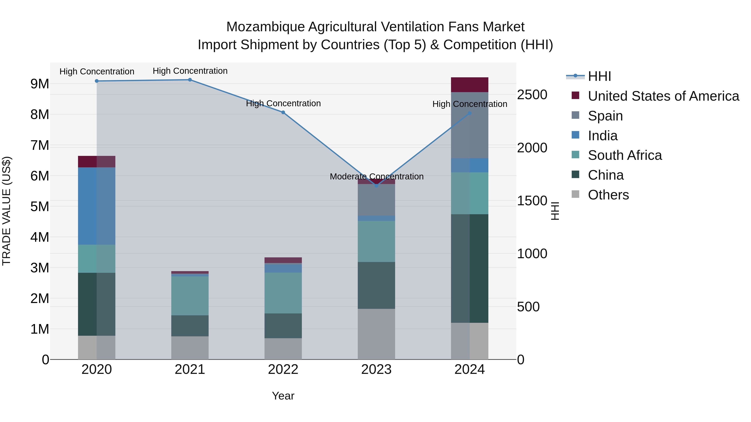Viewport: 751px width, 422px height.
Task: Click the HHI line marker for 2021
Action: [190, 80]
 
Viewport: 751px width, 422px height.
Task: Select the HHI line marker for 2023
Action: [376, 185]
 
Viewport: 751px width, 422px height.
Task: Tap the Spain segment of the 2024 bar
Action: [469, 125]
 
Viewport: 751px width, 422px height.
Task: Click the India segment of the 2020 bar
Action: [97, 206]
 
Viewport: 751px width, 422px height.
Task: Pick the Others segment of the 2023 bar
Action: [376, 334]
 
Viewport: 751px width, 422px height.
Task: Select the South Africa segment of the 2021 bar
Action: [190, 296]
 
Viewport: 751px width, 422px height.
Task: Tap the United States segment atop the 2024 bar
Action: [469, 85]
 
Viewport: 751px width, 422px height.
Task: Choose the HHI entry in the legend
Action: [599, 76]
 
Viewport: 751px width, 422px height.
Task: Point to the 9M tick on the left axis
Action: [40, 84]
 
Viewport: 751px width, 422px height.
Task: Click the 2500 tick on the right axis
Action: [532, 95]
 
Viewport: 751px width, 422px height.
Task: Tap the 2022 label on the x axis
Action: [283, 369]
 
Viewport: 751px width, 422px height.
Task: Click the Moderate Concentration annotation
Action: [376, 177]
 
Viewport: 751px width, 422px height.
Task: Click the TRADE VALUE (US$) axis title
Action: [6, 211]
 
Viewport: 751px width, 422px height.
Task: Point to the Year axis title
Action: [283, 396]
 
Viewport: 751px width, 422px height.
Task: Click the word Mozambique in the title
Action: [265, 27]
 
